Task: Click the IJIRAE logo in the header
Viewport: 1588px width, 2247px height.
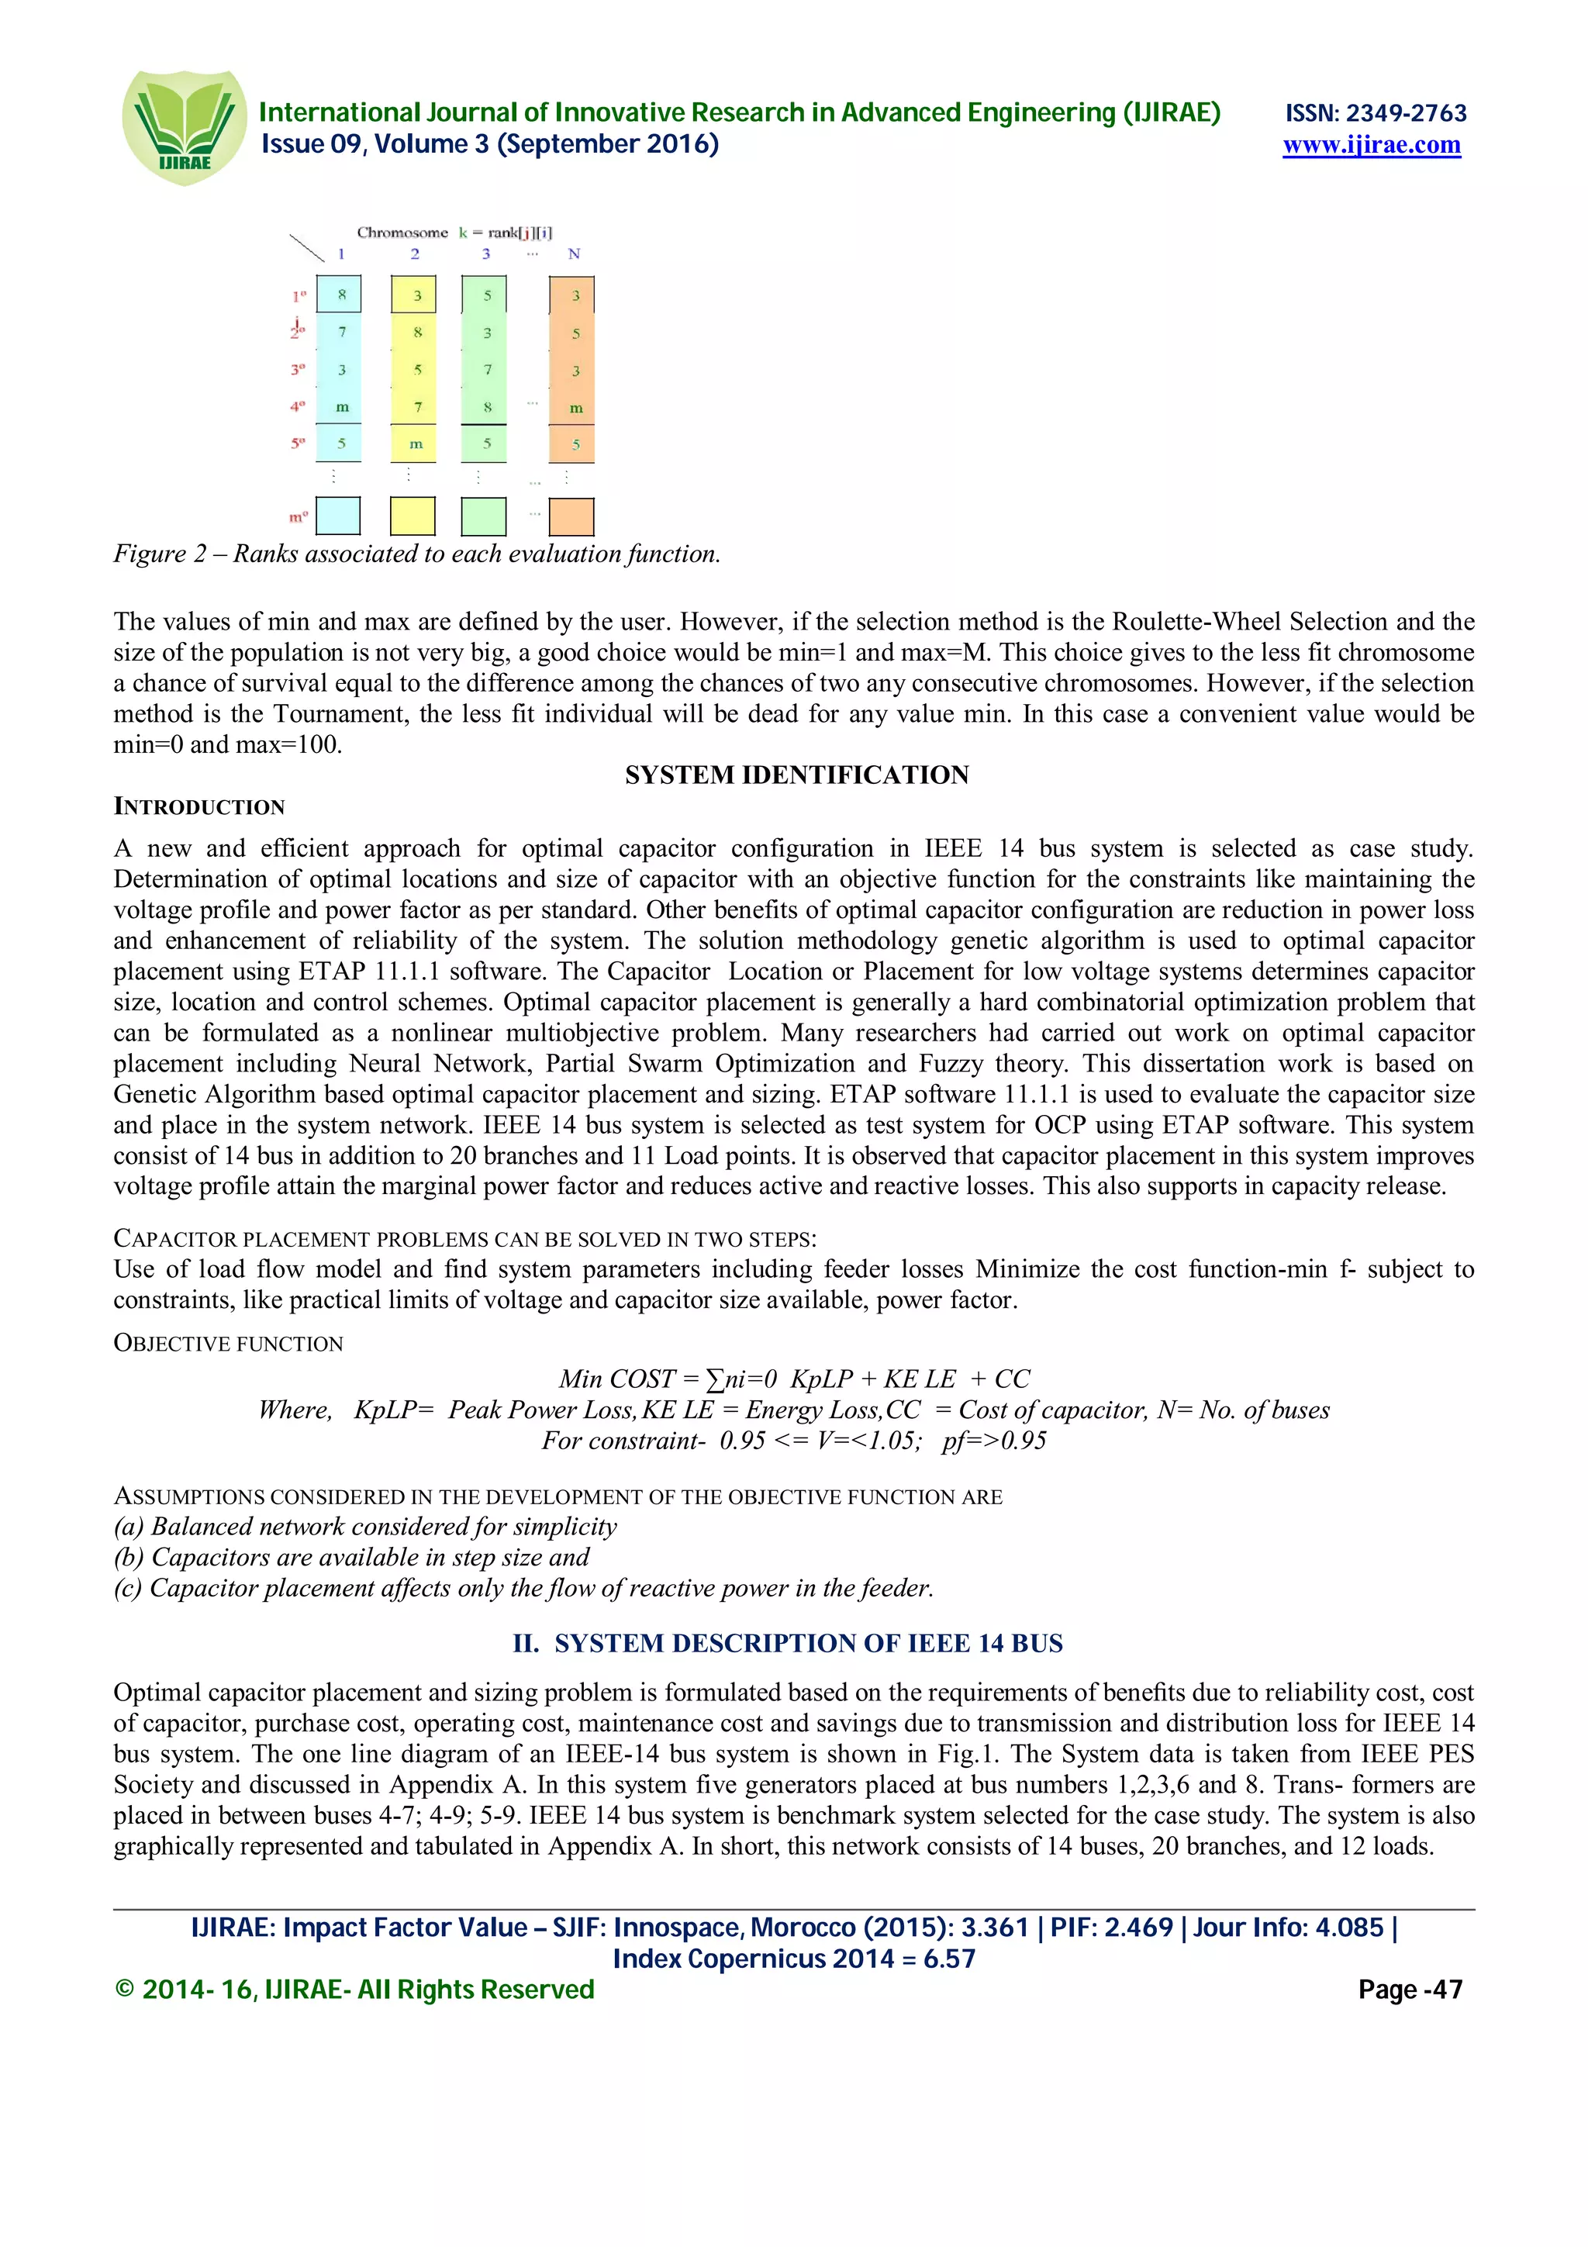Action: pyautogui.click(x=184, y=127)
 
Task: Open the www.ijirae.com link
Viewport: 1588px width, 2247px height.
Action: pyautogui.click(x=1371, y=146)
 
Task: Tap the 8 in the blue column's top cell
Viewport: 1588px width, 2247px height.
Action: pyautogui.click(x=341, y=295)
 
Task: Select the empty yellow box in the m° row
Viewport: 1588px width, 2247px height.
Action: pyautogui.click(x=412, y=516)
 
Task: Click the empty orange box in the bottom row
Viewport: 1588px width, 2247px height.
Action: pyautogui.click(x=572, y=516)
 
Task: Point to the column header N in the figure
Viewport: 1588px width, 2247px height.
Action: pyautogui.click(x=575, y=254)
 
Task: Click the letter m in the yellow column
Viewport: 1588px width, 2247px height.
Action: pyautogui.click(x=416, y=444)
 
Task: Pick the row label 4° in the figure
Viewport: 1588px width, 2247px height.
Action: pyautogui.click(x=298, y=406)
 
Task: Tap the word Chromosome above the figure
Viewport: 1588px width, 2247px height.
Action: pyautogui.click(x=402, y=233)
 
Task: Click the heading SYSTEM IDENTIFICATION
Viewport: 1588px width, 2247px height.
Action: pyautogui.click(x=796, y=775)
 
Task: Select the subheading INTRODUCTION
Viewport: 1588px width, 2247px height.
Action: pyautogui.click(x=199, y=806)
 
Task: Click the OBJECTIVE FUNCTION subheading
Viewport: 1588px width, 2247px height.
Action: pyautogui.click(x=228, y=1343)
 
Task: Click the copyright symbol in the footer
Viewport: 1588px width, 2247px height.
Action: pyautogui.click(x=124, y=1990)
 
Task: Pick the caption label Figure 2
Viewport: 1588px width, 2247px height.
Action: pyautogui.click(x=160, y=554)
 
